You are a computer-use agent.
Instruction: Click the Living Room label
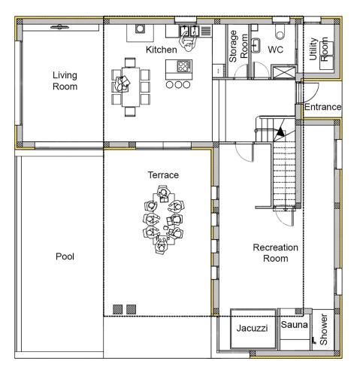tap(65, 80)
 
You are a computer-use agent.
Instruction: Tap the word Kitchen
tap(162, 50)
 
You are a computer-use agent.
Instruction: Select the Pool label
tap(65, 256)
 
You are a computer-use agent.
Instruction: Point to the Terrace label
tap(163, 175)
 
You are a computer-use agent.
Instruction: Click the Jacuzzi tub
tap(253, 329)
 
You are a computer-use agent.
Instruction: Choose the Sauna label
tap(294, 325)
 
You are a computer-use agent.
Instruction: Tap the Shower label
tap(323, 329)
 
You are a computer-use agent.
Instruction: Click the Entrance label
tap(322, 107)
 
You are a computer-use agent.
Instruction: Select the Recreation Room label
tap(276, 253)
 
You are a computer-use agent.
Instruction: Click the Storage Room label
tap(238, 47)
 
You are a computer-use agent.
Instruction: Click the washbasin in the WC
tap(256, 45)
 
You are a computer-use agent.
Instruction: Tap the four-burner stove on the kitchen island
tap(184, 66)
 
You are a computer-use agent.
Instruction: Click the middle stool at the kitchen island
tap(178, 85)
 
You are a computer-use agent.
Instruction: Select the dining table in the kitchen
tap(131, 86)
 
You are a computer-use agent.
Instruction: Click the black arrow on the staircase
tap(280, 132)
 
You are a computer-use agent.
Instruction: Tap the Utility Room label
tap(318, 49)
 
